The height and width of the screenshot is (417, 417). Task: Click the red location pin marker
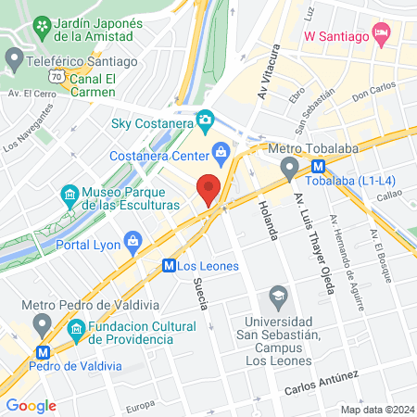tap(209, 188)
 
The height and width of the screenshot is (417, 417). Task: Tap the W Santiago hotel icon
tap(380, 34)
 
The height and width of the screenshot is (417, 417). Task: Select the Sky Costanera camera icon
tap(206, 120)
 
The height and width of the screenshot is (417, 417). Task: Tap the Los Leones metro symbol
tap(170, 265)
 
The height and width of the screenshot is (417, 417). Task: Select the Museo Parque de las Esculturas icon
tap(69, 195)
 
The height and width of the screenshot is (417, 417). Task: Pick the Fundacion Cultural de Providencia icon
tap(77, 328)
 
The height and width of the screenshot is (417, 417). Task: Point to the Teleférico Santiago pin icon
tap(14, 61)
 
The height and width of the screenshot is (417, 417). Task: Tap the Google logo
tap(32, 405)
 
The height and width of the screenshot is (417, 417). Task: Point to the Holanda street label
tap(270, 220)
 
